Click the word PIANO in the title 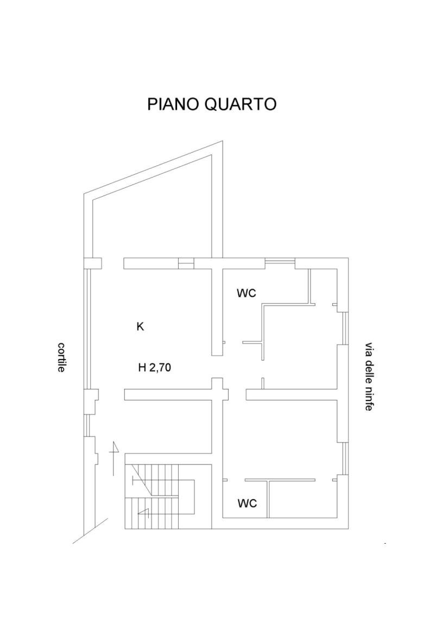click(173, 104)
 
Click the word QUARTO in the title click(241, 104)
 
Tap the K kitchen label click(140, 326)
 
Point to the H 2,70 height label click(155, 368)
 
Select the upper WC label click(247, 293)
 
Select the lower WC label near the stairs click(247, 504)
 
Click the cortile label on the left click(61, 357)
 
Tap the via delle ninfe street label click(368, 377)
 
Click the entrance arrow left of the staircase click(115, 457)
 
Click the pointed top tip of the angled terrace click(223, 141)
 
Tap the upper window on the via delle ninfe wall click(345, 329)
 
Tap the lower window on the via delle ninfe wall click(345, 458)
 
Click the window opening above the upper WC click(280, 261)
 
